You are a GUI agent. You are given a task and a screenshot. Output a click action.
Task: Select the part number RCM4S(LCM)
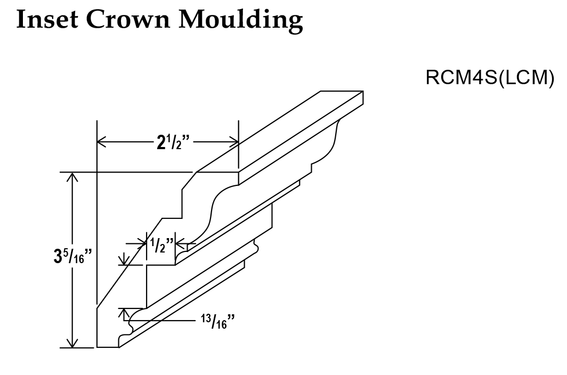490,78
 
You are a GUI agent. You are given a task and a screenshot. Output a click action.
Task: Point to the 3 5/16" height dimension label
70,258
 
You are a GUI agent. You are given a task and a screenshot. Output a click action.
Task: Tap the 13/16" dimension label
217,321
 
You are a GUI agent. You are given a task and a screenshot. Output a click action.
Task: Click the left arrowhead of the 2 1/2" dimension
102,142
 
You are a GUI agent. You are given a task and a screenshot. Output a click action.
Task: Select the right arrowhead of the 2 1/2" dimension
234,142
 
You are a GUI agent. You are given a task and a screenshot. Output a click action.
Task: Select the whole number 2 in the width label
160,143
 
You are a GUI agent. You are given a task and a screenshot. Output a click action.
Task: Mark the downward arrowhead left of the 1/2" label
124,260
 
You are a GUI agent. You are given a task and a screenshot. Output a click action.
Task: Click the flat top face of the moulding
277,133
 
